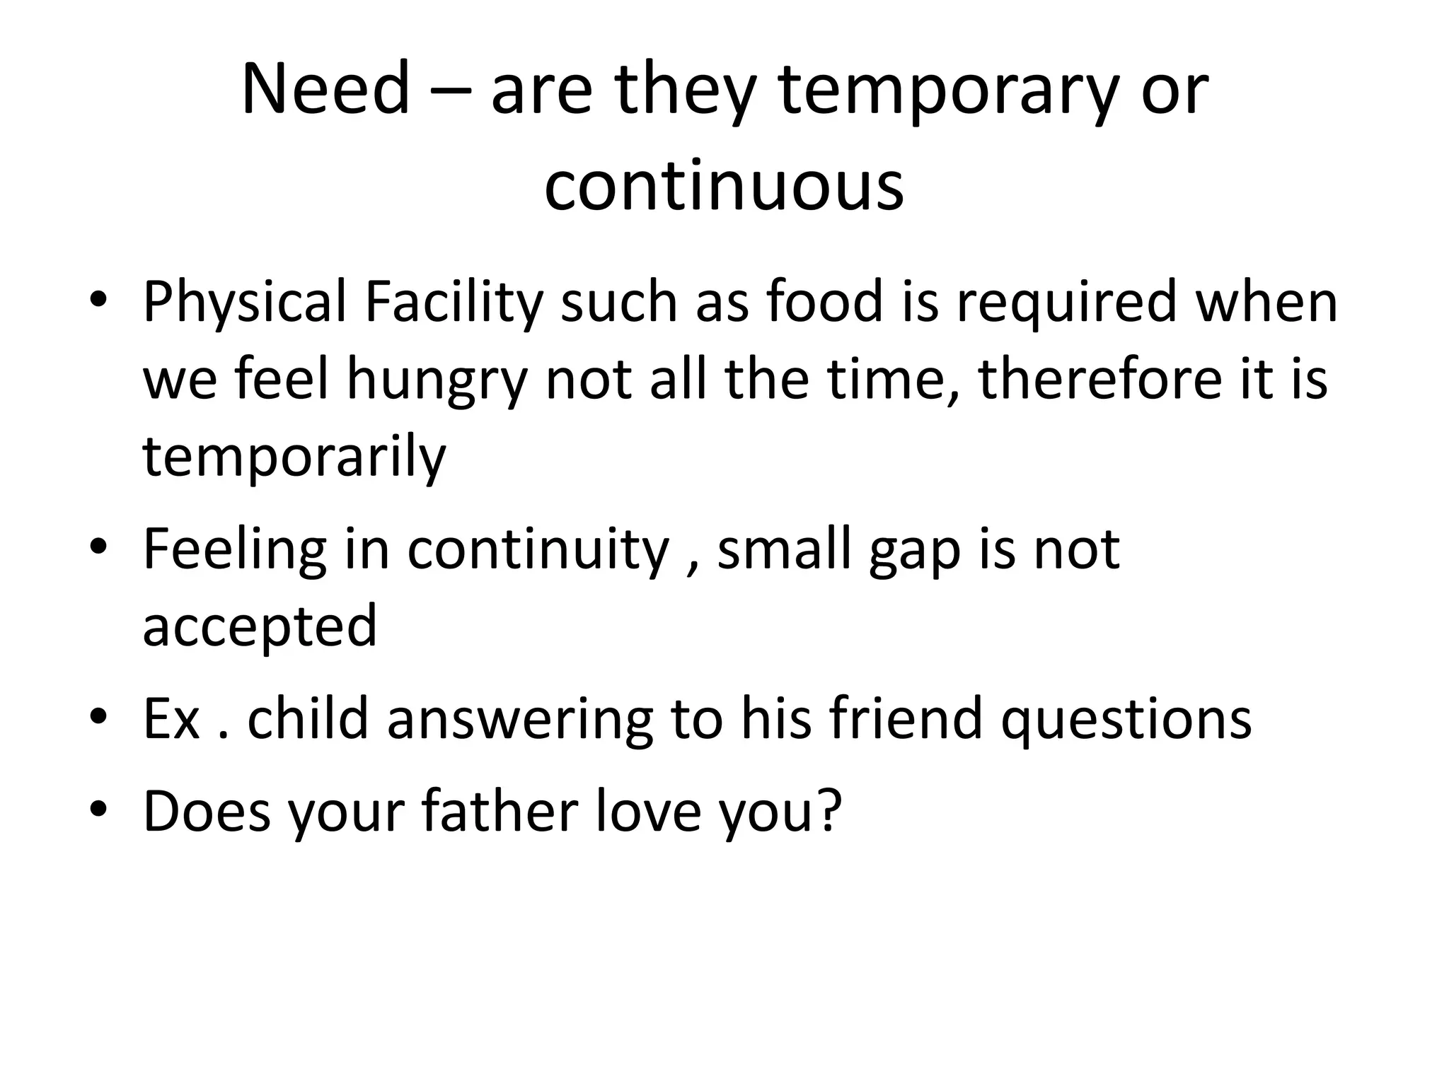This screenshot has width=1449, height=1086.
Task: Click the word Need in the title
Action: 325,89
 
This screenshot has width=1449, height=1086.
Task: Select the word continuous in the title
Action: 724,185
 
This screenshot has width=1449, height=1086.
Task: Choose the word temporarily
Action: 294,457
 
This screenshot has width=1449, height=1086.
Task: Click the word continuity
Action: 538,550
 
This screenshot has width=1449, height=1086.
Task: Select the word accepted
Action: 260,626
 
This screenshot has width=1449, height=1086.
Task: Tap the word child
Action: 308,719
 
